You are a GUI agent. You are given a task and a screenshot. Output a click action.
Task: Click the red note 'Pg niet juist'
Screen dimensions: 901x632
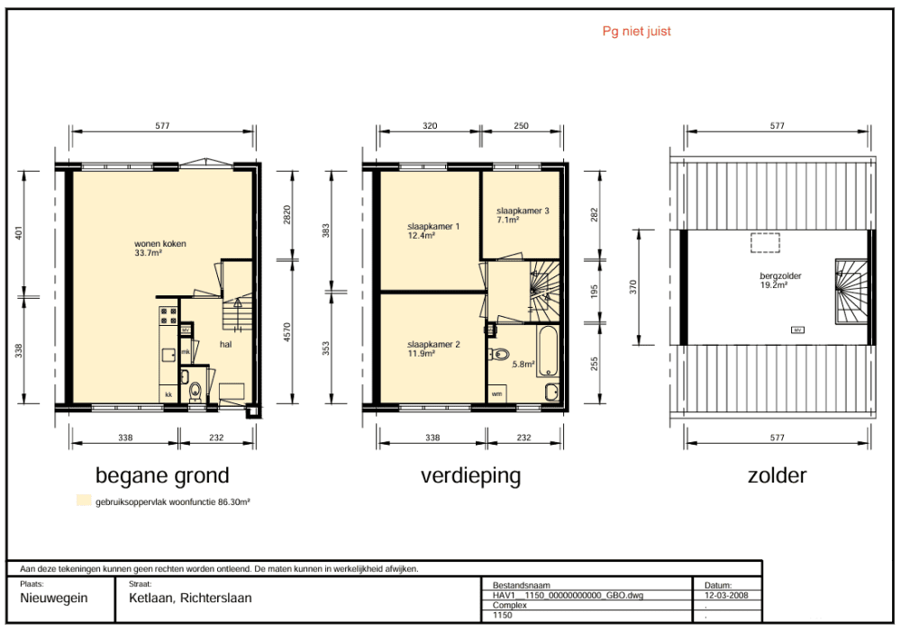636,32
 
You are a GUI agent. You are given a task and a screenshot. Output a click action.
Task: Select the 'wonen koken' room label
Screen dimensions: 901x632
160,243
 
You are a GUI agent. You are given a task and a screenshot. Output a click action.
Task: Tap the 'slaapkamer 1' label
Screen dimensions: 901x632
433,226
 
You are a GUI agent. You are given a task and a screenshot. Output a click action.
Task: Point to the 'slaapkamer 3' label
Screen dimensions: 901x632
523,211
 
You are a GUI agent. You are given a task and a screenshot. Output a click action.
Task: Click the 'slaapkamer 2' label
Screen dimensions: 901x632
434,345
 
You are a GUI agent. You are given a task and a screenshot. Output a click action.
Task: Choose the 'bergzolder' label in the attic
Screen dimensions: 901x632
780,275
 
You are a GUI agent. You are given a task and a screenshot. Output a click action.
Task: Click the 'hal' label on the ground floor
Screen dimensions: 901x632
226,345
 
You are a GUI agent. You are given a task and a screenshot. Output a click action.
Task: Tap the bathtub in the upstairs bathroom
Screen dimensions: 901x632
548,351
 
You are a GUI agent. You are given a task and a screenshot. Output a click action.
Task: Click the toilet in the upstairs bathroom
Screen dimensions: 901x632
499,355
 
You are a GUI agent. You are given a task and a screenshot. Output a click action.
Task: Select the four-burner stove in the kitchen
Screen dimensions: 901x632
168,316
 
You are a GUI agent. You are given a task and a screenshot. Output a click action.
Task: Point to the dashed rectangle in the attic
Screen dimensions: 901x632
765,243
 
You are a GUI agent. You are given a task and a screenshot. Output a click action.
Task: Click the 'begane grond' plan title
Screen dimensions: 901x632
162,475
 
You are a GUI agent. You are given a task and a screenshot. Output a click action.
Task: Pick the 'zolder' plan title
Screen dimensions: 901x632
777,475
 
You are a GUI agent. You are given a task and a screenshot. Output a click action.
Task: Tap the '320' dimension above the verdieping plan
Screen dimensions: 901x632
430,126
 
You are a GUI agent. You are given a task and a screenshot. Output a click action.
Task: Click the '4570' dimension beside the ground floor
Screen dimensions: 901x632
287,332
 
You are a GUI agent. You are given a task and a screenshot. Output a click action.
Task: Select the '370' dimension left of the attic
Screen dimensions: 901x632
633,287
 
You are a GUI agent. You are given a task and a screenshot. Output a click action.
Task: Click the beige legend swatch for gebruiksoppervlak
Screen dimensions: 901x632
84,500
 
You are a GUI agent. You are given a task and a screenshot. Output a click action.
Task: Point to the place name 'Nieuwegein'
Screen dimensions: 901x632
54,598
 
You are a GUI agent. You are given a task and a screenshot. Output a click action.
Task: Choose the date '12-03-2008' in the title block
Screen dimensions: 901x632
726,595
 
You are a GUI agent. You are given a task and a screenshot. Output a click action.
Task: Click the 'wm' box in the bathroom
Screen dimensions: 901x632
497,394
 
